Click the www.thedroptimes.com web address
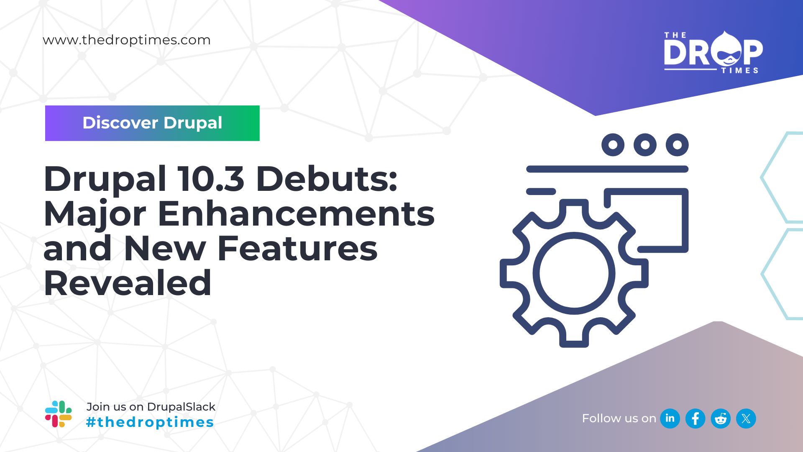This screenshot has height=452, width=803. [126, 40]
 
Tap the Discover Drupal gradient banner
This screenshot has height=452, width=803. [152, 123]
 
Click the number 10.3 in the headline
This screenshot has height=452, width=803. [211, 179]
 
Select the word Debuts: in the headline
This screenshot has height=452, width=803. [327, 179]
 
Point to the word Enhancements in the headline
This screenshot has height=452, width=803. [296, 214]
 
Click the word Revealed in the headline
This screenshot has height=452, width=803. [128, 283]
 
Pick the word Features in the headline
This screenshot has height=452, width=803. [297, 249]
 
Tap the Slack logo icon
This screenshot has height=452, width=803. [59, 414]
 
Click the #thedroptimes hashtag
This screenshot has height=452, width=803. [150, 422]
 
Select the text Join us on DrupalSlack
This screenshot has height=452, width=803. [151, 407]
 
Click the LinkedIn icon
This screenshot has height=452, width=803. [670, 419]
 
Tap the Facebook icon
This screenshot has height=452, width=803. [696, 419]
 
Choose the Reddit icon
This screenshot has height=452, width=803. [721, 419]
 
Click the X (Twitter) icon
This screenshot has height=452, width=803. [746, 419]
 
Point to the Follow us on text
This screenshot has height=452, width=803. [619, 419]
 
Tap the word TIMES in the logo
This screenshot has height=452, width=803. [740, 71]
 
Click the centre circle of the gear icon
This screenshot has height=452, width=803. [574, 273]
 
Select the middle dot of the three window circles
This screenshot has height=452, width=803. [645, 145]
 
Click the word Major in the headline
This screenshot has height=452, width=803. [95, 214]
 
